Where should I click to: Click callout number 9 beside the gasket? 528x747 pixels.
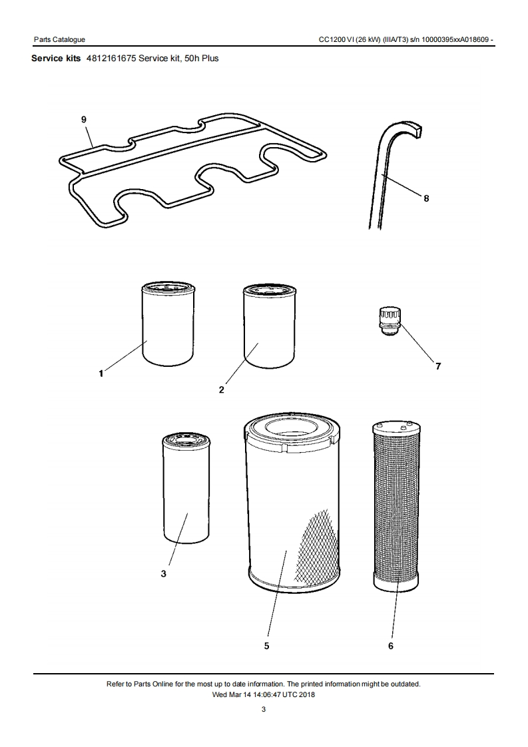(84, 119)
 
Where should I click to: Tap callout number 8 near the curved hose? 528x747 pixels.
(426, 198)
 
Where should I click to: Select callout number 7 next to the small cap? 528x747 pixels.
(438, 366)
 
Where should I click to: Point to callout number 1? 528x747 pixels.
(101, 373)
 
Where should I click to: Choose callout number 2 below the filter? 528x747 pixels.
(221, 389)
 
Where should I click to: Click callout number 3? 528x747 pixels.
(163, 574)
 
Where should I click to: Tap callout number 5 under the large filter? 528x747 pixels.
(266, 646)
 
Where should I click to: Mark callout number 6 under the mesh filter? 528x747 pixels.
(391, 646)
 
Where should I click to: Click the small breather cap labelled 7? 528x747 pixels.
(390, 322)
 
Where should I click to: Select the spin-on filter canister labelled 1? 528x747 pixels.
(168, 324)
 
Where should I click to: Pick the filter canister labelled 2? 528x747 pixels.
(270, 326)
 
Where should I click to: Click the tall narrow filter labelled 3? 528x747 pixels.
(186, 487)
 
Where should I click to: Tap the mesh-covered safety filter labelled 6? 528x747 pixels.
(396, 507)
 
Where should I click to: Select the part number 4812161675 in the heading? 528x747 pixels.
(111, 58)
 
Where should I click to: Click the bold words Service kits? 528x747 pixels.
(56, 58)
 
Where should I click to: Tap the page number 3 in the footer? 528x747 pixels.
(264, 709)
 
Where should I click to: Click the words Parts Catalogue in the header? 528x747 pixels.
(59, 39)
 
